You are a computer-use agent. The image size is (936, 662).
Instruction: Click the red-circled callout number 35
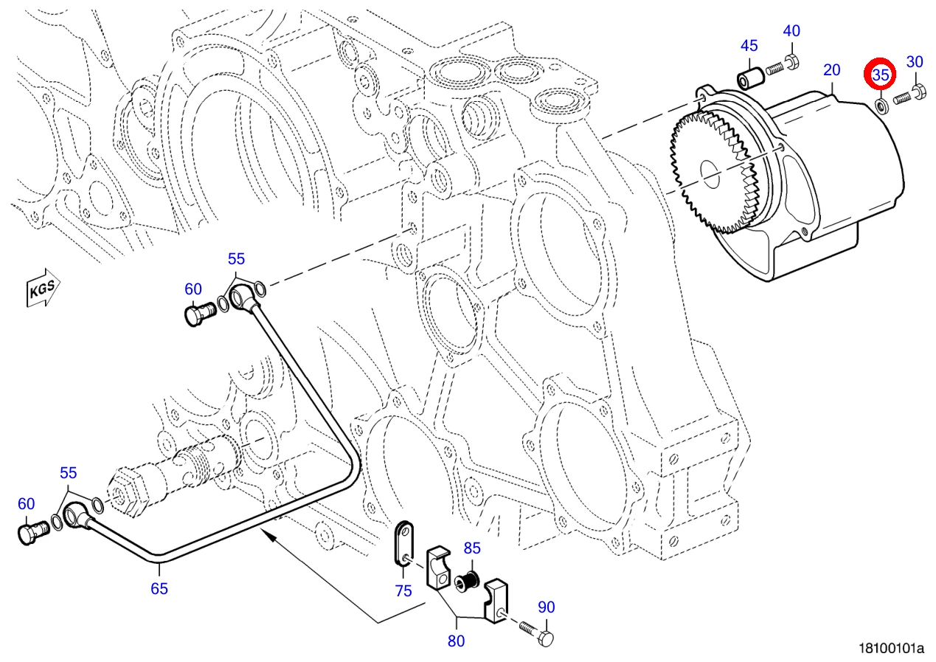(881, 75)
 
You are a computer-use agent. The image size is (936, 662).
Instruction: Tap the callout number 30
(915, 62)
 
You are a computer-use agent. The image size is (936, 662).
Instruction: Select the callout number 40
(791, 30)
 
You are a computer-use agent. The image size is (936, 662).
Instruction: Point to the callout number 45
(749, 46)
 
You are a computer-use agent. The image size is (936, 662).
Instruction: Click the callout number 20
(832, 70)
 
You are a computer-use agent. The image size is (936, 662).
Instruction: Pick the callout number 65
(159, 588)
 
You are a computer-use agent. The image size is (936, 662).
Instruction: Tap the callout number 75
(403, 590)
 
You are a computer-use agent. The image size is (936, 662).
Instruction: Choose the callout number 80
(457, 641)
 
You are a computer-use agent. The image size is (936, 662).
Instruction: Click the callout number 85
(472, 548)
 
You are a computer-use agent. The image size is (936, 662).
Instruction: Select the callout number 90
(546, 607)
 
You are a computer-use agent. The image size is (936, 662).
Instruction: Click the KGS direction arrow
(43, 288)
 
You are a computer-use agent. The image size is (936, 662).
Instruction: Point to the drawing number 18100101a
(891, 649)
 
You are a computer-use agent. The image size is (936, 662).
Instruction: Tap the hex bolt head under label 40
(792, 62)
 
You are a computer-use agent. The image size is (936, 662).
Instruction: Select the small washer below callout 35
(881, 106)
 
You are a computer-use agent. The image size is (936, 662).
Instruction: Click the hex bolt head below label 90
(546, 639)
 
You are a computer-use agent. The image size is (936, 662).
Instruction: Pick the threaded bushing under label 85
(467, 582)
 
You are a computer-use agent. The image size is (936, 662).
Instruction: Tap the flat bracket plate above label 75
(404, 543)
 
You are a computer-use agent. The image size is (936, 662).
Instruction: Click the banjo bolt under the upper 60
(200, 314)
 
